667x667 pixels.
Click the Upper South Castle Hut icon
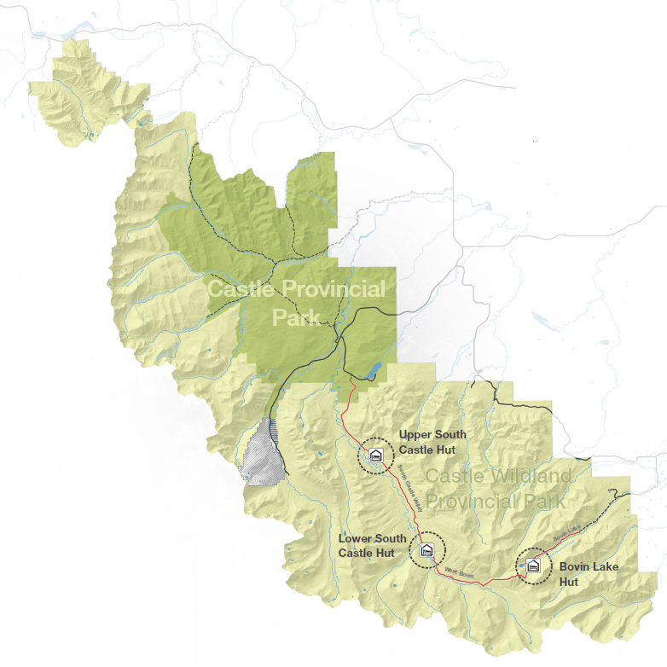pos(374,455)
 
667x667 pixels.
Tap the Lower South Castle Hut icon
pos(427,550)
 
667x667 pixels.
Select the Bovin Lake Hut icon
pos(533,565)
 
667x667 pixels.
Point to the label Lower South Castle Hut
pos(372,546)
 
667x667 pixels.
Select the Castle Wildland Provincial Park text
pos(496,489)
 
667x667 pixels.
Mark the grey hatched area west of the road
pos(261,454)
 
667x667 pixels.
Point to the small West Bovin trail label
pos(458,574)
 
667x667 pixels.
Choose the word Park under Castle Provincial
pos(295,318)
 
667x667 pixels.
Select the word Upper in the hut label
pos(416,435)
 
